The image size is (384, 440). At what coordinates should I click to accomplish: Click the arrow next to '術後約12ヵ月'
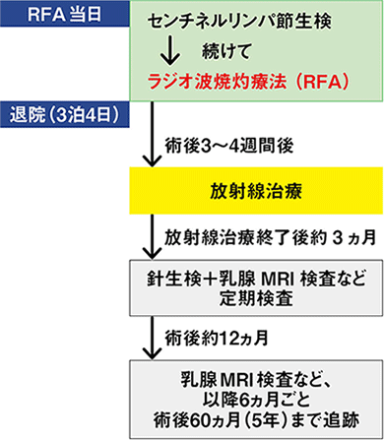point(146,338)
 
